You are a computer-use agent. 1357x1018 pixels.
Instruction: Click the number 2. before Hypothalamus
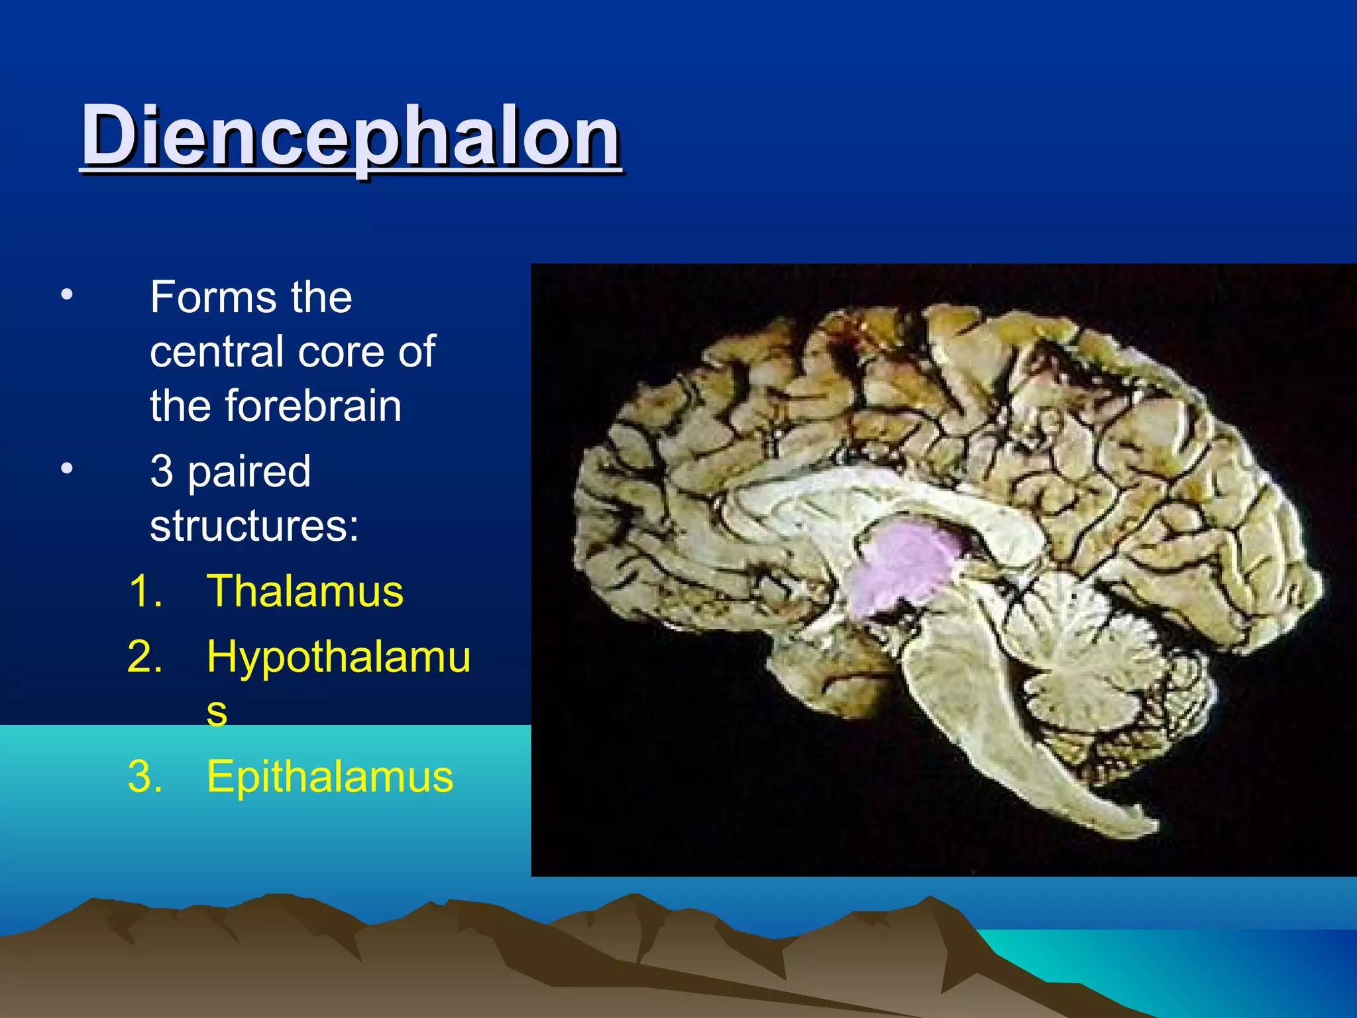click(144, 657)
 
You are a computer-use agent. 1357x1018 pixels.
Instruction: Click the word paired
click(249, 472)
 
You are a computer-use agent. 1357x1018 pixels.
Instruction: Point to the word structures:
click(254, 526)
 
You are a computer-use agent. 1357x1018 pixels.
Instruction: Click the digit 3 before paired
click(162, 471)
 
